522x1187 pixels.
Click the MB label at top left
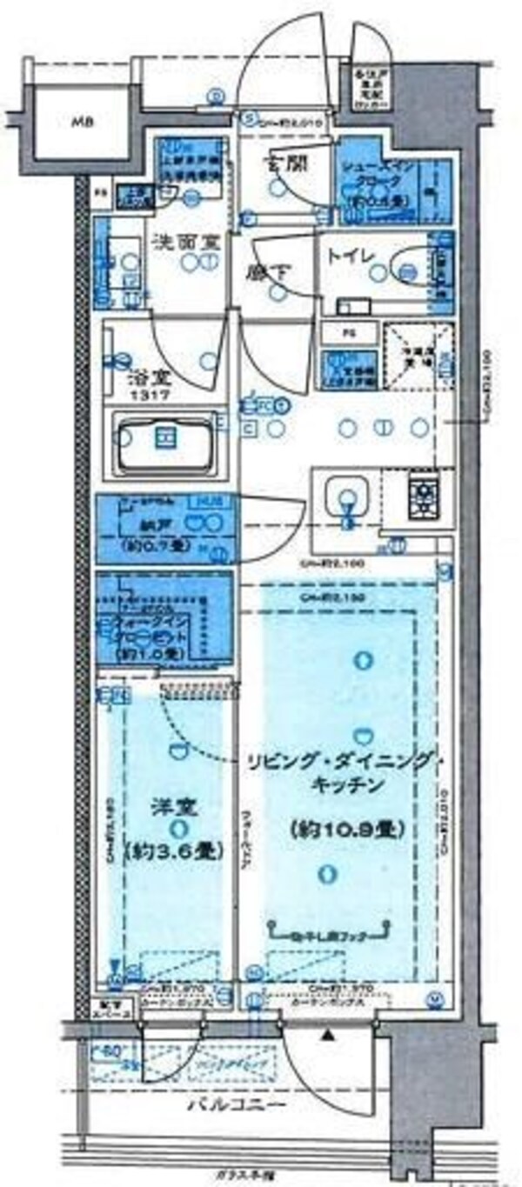coord(83,123)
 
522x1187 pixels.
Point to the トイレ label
coord(351,257)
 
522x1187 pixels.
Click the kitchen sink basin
coord(346,498)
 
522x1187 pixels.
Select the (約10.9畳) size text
coord(345,829)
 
